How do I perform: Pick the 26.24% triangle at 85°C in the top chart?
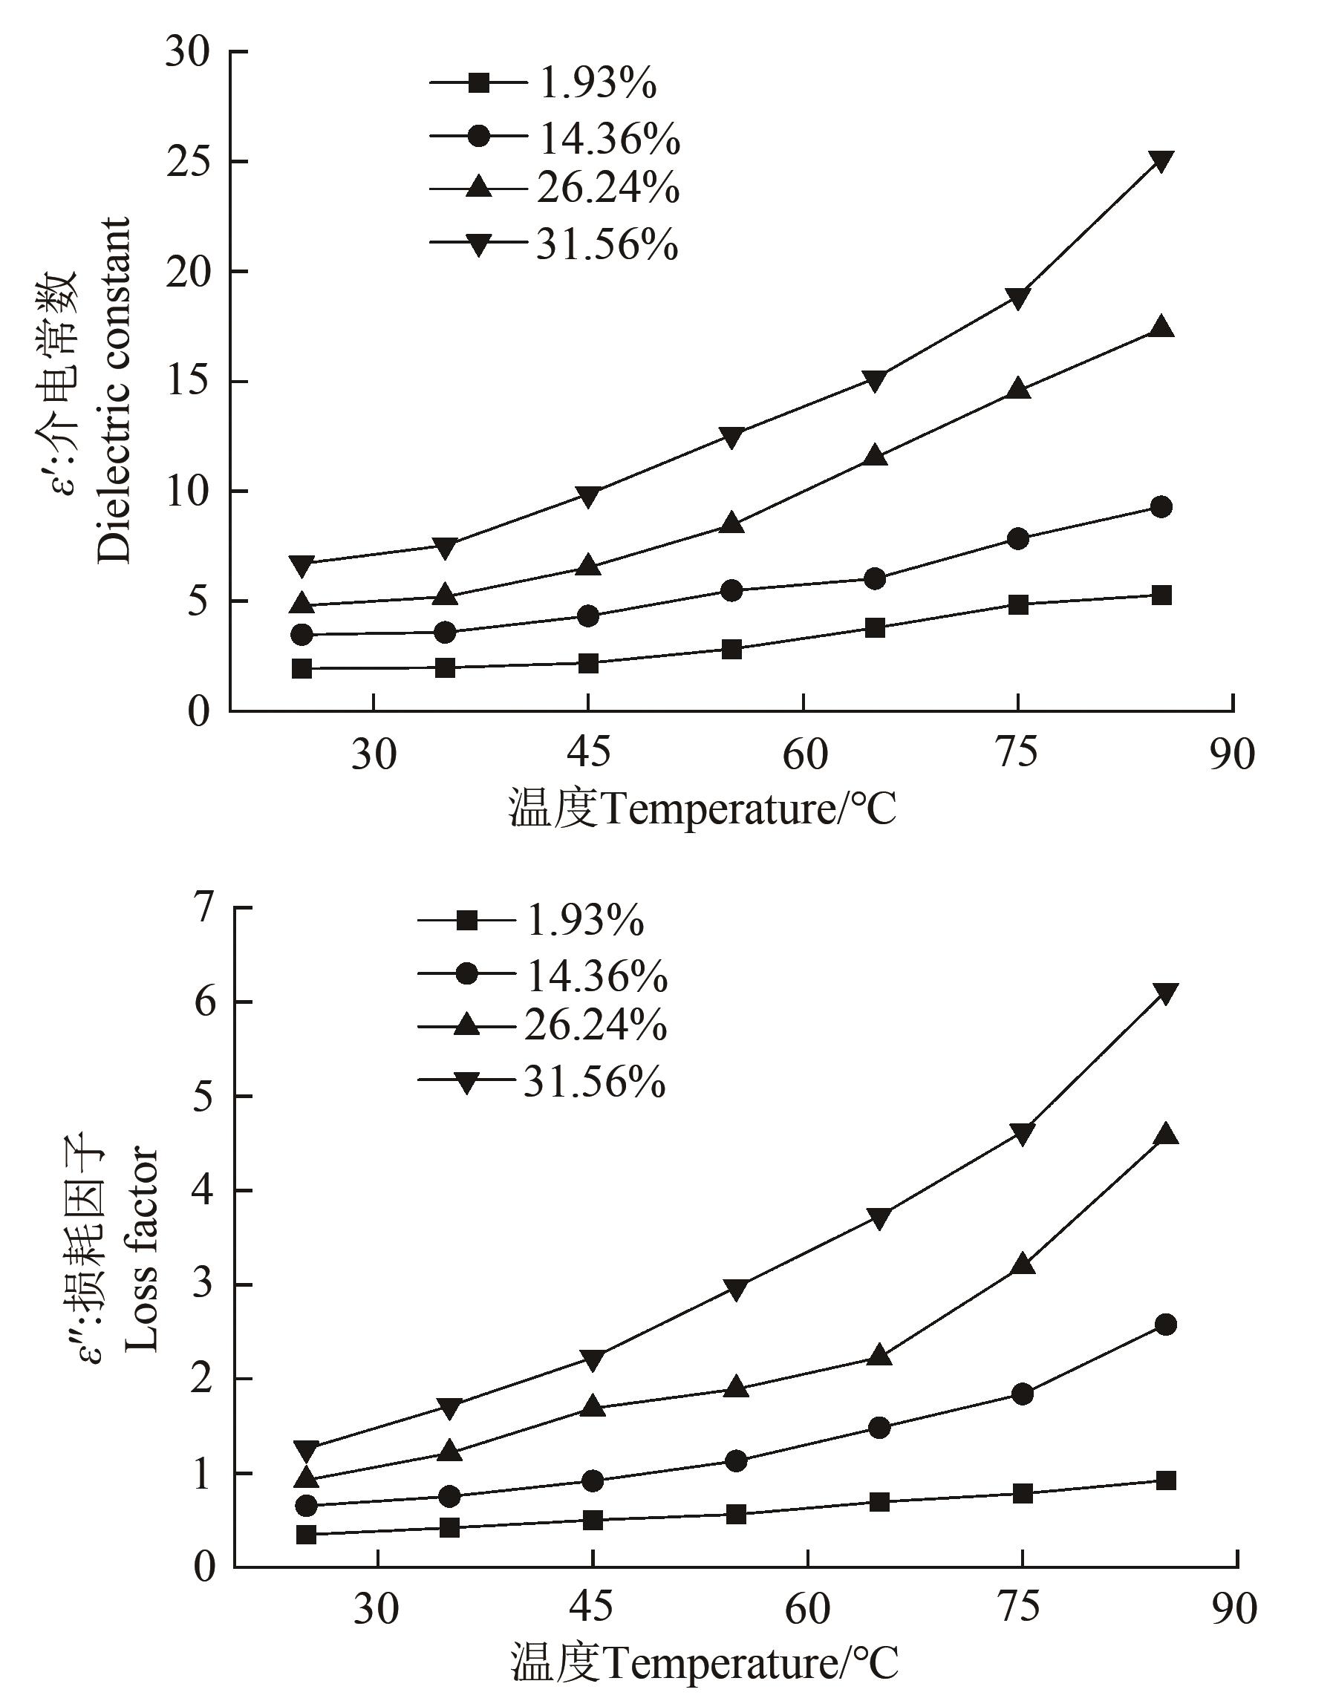tap(1161, 327)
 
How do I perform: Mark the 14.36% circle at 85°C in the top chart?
tap(1161, 507)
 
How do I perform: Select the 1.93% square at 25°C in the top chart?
tap(302, 669)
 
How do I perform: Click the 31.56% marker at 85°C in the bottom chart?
tap(1166, 993)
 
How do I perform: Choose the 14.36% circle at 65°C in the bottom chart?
tap(879, 1428)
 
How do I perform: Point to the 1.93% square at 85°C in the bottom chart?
tap(1166, 1481)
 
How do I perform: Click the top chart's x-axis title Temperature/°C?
tap(703, 809)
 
